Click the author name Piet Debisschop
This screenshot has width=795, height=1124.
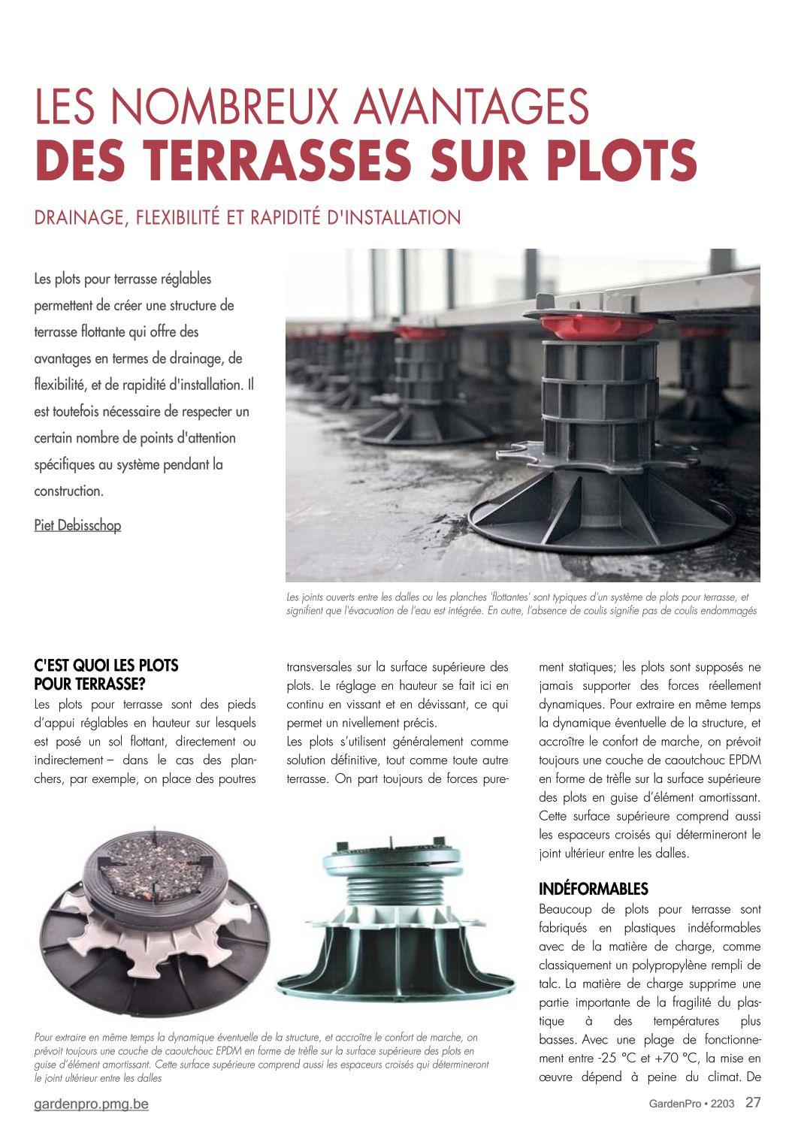77,525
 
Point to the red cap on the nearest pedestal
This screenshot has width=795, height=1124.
597,326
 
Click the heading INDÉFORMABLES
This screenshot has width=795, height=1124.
593,889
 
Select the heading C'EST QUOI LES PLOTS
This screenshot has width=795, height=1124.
106,666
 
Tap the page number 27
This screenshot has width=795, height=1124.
753,1102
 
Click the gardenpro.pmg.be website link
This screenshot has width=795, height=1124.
91,1104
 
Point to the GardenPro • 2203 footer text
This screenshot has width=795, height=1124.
691,1104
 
